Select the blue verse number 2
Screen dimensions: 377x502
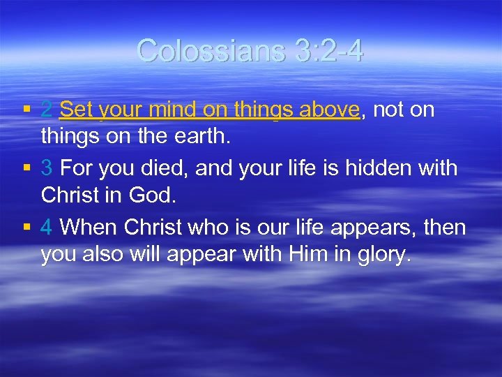[47, 110]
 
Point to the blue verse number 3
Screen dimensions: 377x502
[47, 168]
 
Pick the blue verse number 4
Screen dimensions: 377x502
[47, 228]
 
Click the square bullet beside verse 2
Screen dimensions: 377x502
[26, 110]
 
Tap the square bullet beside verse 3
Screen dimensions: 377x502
[26, 169]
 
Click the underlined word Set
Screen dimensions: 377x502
[77, 110]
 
